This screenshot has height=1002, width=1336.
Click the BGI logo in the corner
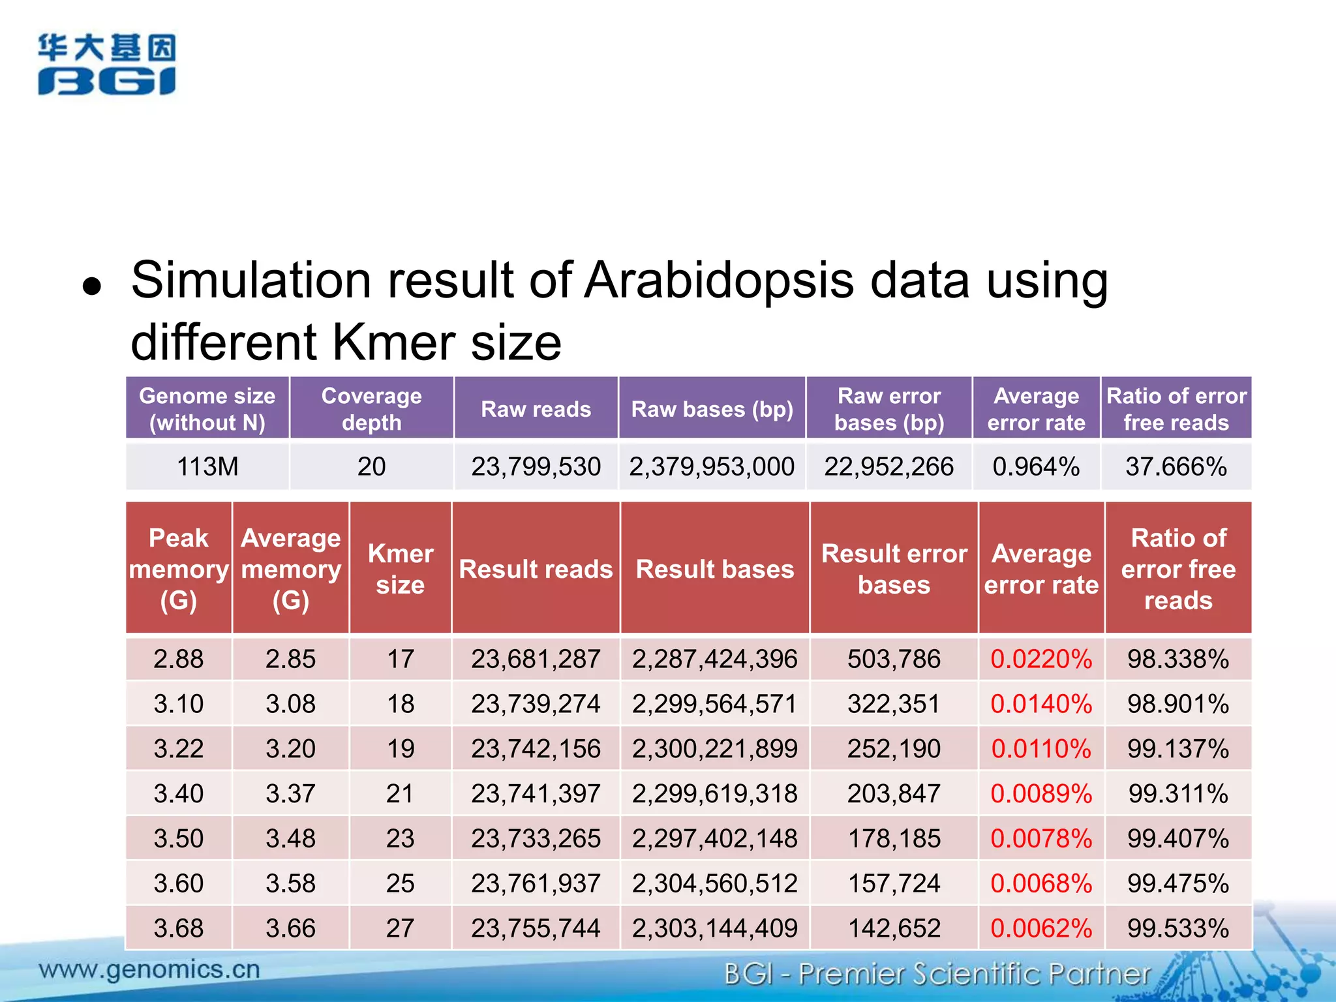tap(106, 65)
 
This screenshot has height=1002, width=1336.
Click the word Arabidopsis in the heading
tap(718, 281)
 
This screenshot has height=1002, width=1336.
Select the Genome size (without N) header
tap(207, 408)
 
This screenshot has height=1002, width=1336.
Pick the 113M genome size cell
tap(207, 466)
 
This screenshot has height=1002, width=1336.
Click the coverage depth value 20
tap(371, 466)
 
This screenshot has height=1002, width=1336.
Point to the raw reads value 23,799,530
tap(536, 466)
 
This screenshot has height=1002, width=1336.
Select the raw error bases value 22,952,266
tap(888, 466)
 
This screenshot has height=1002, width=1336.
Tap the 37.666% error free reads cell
tap(1176, 466)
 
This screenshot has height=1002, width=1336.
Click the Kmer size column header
tap(400, 569)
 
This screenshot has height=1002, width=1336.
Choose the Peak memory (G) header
tap(178, 569)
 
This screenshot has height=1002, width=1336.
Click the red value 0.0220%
tap(1041, 659)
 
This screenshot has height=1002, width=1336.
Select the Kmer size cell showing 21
tap(400, 793)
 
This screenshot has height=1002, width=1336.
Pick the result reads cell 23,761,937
tap(536, 883)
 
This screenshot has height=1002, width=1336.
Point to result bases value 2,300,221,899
tap(714, 748)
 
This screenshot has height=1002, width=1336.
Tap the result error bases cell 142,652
tap(894, 928)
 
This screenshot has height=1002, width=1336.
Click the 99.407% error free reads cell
tap(1178, 838)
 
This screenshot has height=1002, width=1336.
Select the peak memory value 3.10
tap(178, 704)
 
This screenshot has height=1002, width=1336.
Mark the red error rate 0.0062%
tap(1041, 928)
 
